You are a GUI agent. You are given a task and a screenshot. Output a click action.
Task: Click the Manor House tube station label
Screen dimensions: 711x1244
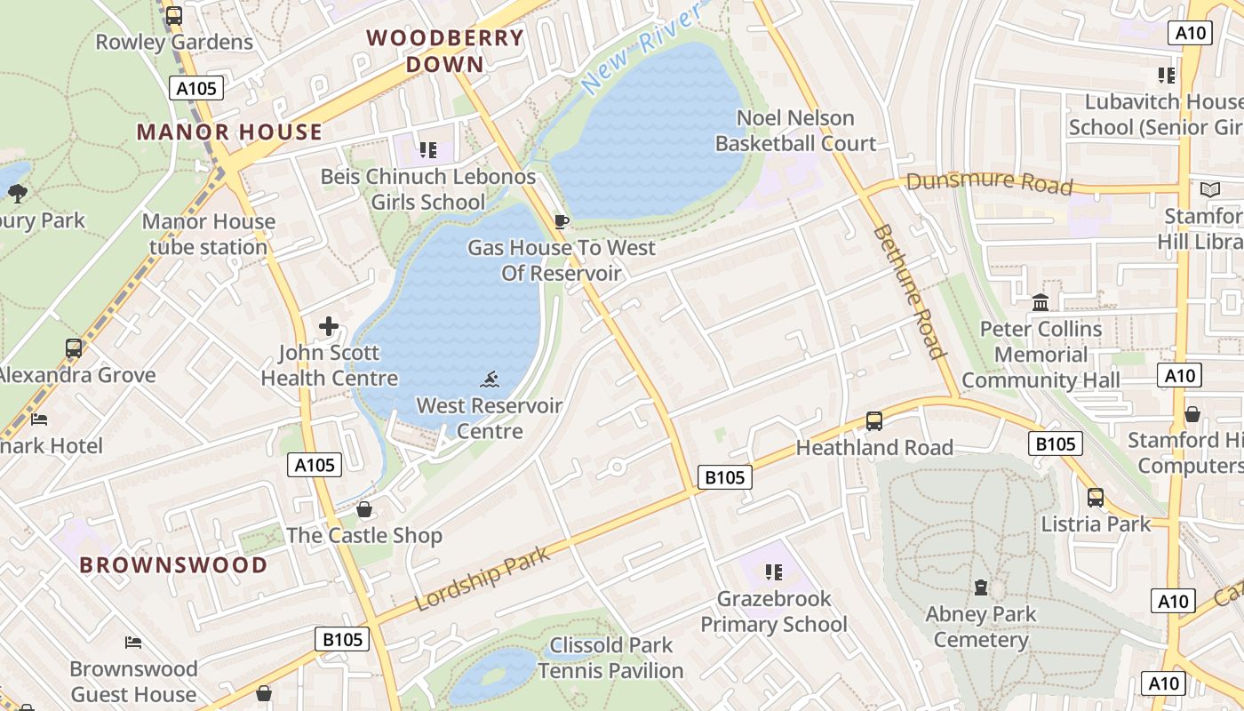pos(209,235)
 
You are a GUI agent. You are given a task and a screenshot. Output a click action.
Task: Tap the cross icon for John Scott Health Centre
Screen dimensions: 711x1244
pos(329,326)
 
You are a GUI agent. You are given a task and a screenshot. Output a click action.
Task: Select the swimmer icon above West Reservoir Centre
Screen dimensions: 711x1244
pos(490,380)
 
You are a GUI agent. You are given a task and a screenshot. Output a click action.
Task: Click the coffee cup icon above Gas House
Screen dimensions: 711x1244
pos(561,221)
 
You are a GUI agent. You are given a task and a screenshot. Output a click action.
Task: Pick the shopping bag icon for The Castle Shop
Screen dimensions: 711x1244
pos(363,509)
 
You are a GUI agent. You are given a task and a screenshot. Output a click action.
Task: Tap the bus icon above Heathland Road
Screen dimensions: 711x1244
pos(874,421)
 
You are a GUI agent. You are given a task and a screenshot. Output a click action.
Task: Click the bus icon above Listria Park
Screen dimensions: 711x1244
pos(1096,498)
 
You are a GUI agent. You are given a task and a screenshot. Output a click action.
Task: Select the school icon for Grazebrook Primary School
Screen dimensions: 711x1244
pos(773,572)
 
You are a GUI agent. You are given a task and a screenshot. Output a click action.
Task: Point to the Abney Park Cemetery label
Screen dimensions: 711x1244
pos(981,627)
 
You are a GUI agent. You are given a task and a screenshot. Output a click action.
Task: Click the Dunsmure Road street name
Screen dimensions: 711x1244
pos(989,183)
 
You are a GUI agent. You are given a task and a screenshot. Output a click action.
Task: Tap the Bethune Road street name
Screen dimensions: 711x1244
pos(909,290)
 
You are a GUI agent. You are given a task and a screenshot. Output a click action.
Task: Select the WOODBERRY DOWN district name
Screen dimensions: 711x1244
pos(445,51)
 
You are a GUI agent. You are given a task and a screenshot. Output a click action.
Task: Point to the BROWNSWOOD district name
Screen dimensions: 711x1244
pos(173,565)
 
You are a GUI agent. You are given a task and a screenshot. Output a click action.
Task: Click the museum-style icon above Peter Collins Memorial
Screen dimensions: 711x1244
pos(1041,303)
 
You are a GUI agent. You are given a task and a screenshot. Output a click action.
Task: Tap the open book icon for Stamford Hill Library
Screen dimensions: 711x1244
pos(1209,189)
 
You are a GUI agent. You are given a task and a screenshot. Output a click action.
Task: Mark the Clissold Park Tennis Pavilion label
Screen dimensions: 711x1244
pos(611,658)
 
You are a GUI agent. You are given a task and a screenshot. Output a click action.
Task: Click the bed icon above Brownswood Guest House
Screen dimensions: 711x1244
pos(133,642)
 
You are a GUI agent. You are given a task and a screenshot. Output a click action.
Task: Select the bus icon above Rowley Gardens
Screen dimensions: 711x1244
pos(174,15)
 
